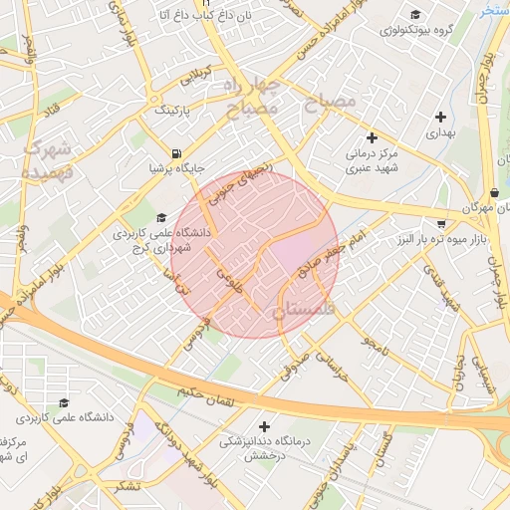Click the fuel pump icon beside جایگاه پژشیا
tap(176, 154)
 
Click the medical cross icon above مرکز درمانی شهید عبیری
tap(373, 136)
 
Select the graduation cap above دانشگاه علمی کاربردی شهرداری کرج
tap(160, 216)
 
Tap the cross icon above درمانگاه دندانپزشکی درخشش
tap(263, 425)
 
